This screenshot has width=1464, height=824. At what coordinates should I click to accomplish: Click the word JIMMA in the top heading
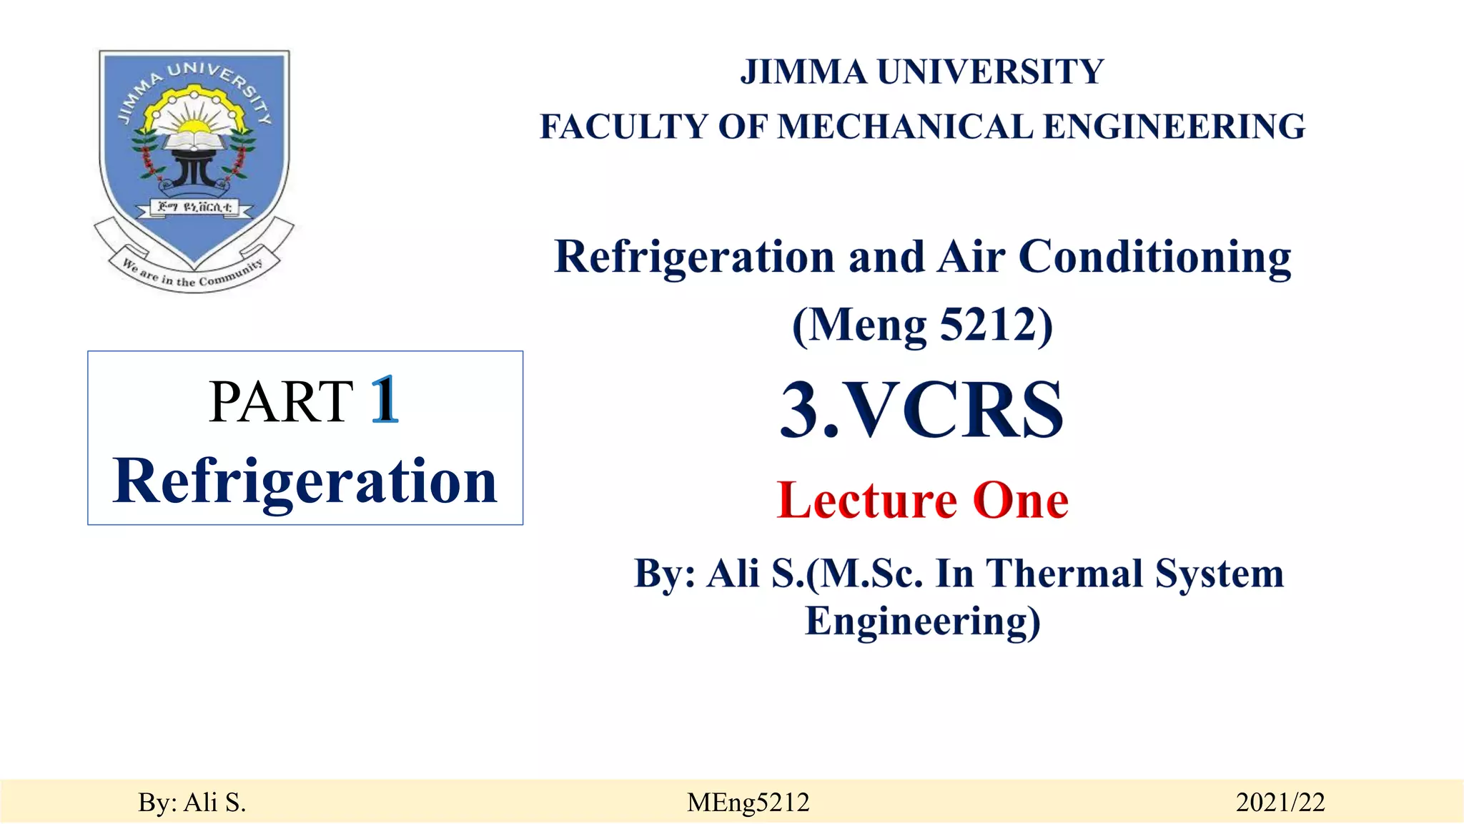[803, 72]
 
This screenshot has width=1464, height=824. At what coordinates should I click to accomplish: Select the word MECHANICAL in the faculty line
[905, 127]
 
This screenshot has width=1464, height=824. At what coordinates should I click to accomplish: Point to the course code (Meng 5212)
[922, 325]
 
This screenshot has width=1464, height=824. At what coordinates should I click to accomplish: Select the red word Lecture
[866, 500]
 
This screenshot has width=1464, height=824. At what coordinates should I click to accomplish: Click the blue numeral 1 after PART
[385, 401]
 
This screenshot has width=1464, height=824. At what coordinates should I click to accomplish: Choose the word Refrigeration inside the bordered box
[305, 481]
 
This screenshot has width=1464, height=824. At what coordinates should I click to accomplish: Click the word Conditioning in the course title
[1154, 257]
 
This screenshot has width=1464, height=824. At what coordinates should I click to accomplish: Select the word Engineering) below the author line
[922, 620]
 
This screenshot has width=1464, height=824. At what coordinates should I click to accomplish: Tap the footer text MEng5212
[748, 803]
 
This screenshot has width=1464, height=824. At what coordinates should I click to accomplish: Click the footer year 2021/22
[1280, 803]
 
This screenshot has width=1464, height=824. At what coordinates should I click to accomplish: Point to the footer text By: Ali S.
[192, 803]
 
